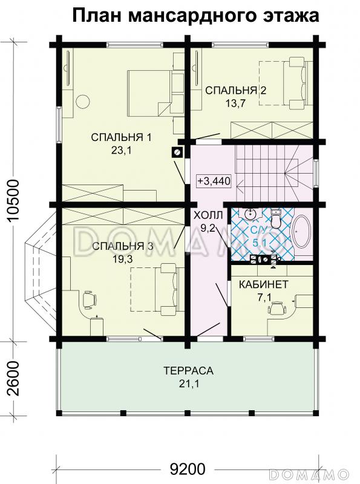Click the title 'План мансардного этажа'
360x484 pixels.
click(x=196, y=16)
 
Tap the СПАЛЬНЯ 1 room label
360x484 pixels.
click(x=122, y=137)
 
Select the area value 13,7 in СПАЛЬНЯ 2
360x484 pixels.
click(x=235, y=103)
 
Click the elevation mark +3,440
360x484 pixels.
click(x=214, y=181)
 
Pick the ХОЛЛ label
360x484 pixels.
click(x=208, y=215)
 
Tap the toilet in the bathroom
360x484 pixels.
click(x=275, y=217)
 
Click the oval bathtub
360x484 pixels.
click(x=301, y=231)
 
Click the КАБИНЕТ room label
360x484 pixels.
click(x=264, y=284)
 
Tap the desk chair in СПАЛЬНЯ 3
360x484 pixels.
click(x=89, y=298)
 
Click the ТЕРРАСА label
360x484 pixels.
click(x=188, y=370)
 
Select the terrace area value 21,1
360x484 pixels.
click(x=188, y=384)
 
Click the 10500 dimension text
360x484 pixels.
click(x=14, y=200)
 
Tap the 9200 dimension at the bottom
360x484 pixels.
click(x=188, y=469)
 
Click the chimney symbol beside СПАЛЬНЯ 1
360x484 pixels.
click(x=177, y=152)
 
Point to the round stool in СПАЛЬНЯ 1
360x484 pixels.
click(x=82, y=102)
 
